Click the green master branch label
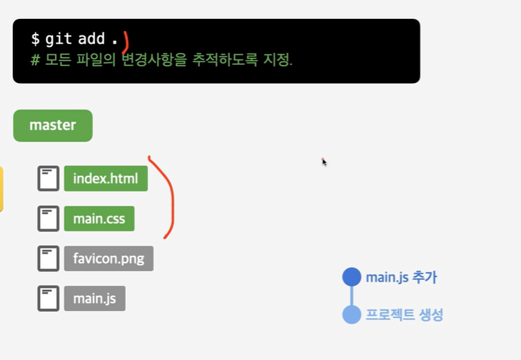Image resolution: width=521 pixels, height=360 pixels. pyautogui.click(x=52, y=125)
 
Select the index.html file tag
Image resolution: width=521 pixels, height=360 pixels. pyautogui.click(x=106, y=180)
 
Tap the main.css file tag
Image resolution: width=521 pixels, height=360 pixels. pyautogui.click(x=99, y=219)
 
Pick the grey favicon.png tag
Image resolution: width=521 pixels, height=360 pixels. pyautogui.click(x=109, y=259)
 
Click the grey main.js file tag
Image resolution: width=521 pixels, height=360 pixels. pyautogui.click(x=94, y=298)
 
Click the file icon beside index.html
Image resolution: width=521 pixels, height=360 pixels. pyautogui.click(x=48, y=180)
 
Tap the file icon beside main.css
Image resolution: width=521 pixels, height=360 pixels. pyautogui.click(x=48, y=219)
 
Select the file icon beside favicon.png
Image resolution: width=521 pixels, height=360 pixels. pyautogui.click(x=48, y=259)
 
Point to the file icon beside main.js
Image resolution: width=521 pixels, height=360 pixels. pyautogui.click(x=48, y=298)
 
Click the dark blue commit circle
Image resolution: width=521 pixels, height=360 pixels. pyautogui.click(x=352, y=277)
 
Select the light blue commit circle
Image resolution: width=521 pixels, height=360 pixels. pyautogui.click(x=352, y=315)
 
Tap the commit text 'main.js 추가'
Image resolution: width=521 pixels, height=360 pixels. pyautogui.click(x=401, y=278)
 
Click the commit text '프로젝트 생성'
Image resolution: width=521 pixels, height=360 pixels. pyautogui.click(x=404, y=315)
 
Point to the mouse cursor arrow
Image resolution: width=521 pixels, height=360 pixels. pyautogui.click(x=323, y=161)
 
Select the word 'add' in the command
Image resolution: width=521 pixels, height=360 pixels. pyautogui.click(x=91, y=38)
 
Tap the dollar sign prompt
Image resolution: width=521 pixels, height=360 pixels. pyautogui.click(x=35, y=38)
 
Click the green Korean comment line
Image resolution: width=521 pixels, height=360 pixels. pyautogui.click(x=162, y=59)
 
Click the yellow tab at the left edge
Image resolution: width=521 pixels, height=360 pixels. pyautogui.click(x=2, y=189)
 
